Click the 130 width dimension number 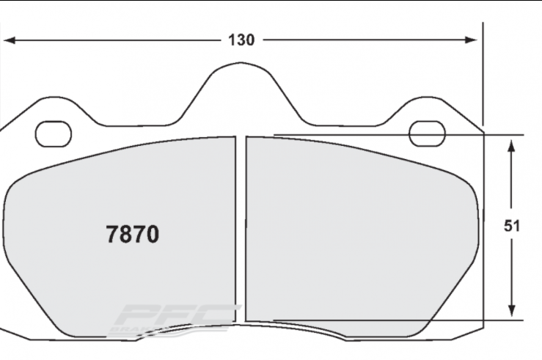click(x=241, y=40)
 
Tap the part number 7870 click(x=133, y=235)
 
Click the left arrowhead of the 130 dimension click(x=9, y=40)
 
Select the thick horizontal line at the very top click(x=271, y=1)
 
